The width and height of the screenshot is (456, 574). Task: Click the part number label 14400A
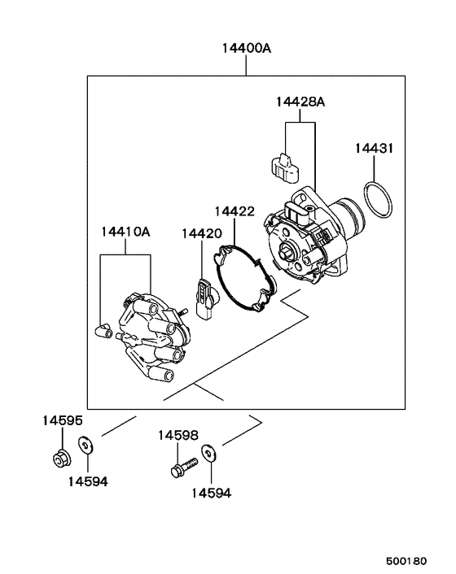coord(246,48)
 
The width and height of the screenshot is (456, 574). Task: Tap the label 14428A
coord(300,102)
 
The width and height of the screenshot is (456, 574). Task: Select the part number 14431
coord(374,149)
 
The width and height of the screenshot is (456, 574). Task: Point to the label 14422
coord(235,211)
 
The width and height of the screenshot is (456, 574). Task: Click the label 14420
coord(201,233)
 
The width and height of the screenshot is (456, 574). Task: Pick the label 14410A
coord(125,232)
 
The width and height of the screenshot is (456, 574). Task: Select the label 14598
coord(178,436)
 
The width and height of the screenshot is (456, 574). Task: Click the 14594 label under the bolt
coord(212,493)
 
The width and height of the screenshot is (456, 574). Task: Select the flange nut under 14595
coord(59,459)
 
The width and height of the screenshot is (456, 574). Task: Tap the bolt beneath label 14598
coord(184,468)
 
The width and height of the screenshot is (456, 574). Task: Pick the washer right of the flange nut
coord(85,445)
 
